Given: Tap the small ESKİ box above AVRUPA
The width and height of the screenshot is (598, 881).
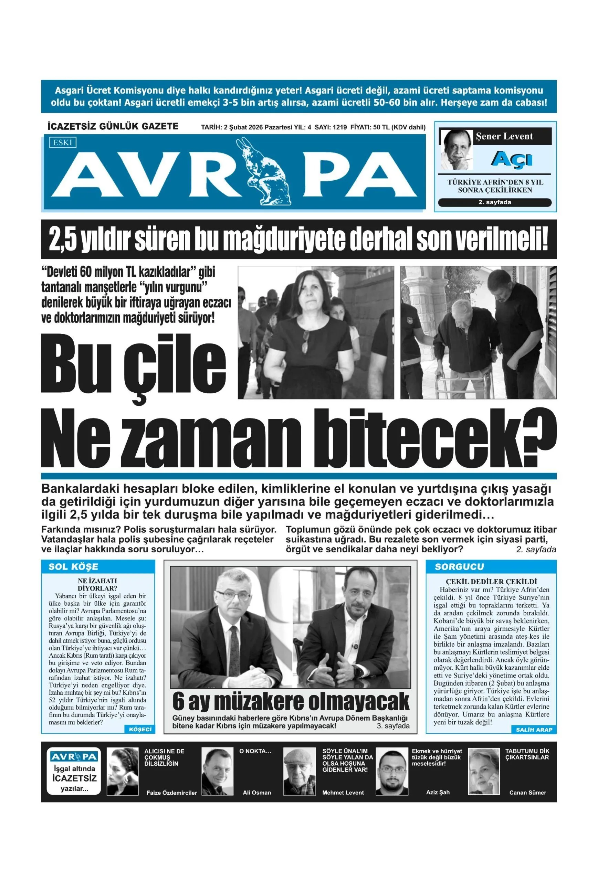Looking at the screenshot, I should tap(63, 142).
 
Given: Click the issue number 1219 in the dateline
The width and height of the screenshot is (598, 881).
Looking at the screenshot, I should tap(339, 127).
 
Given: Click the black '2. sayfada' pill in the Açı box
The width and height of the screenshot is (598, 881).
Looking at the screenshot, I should tap(494, 202).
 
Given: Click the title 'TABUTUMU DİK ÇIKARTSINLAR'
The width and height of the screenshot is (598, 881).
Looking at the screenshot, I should tap(527, 754).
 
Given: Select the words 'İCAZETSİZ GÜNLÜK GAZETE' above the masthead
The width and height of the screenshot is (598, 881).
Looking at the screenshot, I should tap(113, 127).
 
